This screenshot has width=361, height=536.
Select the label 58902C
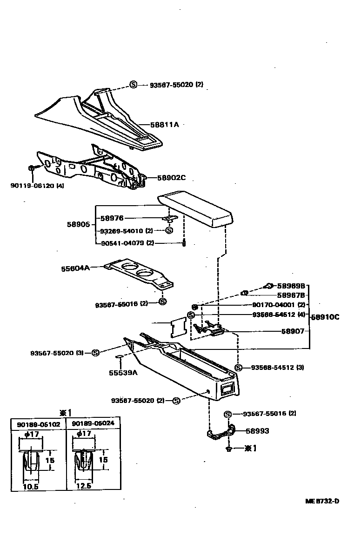click(x=171, y=178)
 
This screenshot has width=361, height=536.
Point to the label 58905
click(x=78, y=224)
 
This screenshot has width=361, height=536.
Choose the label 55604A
click(x=75, y=268)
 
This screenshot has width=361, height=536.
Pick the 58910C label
click(x=325, y=317)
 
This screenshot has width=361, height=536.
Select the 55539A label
click(x=122, y=373)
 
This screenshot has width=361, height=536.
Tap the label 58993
click(x=257, y=431)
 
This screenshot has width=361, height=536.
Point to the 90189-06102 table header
click(x=39, y=424)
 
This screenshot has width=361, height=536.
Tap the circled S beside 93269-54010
click(x=169, y=230)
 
